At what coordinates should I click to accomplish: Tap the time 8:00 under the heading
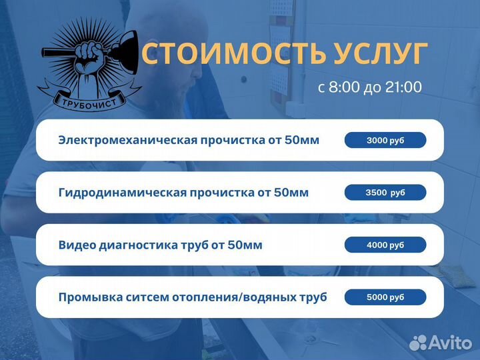(x=345, y=87)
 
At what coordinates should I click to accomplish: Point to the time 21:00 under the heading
(x=403, y=87)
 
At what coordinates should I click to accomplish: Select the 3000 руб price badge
(x=385, y=140)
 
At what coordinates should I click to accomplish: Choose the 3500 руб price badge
(x=385, y=193)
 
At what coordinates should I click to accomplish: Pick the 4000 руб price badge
(x=385, y=245)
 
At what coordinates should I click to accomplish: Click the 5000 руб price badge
(x=385, y=297)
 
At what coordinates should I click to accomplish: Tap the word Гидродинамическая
(x=121, y=193)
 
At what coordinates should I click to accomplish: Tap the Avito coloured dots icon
(x=418, y=342)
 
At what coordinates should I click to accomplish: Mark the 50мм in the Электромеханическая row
(x=301, y=140)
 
